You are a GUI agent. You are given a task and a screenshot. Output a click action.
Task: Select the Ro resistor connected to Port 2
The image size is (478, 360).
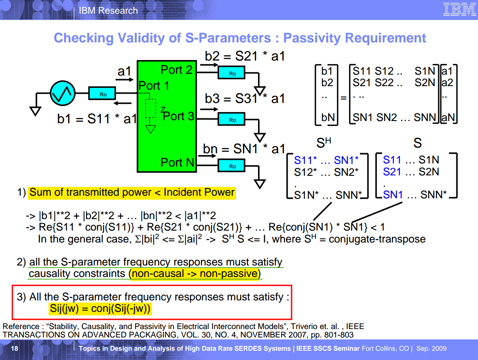232,73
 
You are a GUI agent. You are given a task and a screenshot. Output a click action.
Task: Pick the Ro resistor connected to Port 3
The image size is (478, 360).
232,120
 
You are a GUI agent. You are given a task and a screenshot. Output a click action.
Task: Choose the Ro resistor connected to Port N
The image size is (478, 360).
232,166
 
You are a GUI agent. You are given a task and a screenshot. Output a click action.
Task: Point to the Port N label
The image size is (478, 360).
177,163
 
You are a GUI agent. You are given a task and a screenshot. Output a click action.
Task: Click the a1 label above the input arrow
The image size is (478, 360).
125,71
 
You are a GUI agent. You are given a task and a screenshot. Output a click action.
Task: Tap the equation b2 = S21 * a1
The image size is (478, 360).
245,57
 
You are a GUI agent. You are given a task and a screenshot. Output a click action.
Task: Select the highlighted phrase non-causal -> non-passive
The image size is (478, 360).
194,273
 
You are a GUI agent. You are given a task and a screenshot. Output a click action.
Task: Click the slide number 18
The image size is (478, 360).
15,349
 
